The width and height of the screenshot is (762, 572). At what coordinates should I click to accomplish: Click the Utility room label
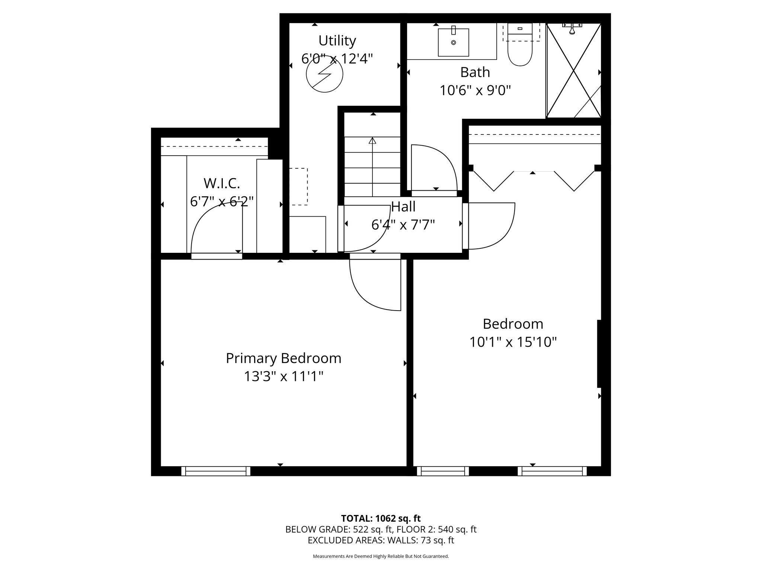pos(337,40)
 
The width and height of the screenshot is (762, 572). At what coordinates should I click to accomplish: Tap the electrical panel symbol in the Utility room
pos(324,74)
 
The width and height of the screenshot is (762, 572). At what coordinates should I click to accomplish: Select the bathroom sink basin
pos(453,42)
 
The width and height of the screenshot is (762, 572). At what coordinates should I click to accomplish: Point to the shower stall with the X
pos(573,70)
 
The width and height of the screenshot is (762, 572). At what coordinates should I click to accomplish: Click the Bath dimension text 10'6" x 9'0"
pos(475,90)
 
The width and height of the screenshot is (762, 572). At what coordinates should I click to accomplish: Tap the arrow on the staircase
pos(372,166)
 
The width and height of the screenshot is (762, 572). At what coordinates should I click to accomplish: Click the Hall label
pos(403,207)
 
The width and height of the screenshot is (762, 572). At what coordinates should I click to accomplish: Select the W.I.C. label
pos(222,183)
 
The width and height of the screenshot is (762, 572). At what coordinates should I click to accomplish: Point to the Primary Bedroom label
pos(284,358)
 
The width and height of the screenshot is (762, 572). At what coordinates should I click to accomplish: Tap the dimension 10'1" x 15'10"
pos(513,342)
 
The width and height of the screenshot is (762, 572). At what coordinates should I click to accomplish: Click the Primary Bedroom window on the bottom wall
pos(216,471)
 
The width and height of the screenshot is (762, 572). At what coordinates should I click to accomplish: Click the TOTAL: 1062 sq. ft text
pos(381,518)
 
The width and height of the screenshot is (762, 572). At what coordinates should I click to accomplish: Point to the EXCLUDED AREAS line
pos(381,540)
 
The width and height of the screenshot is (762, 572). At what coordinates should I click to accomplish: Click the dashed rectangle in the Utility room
pos(298,187)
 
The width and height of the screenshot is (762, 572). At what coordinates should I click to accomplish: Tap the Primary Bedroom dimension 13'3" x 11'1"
pos(284,376)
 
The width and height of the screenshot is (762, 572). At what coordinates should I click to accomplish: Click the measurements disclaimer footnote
pos(381,556)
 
